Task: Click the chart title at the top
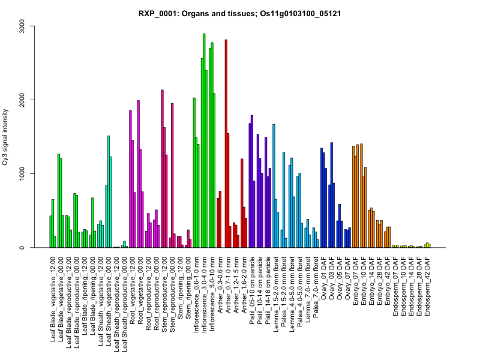[240, 14]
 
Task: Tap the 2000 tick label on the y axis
[25, 100]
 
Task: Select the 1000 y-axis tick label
[25, 174]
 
